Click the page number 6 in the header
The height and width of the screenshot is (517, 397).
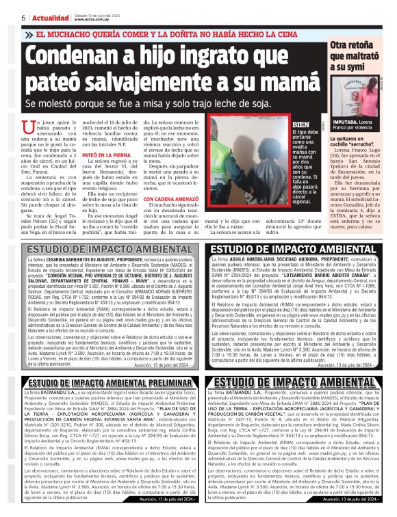coord(23,18)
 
